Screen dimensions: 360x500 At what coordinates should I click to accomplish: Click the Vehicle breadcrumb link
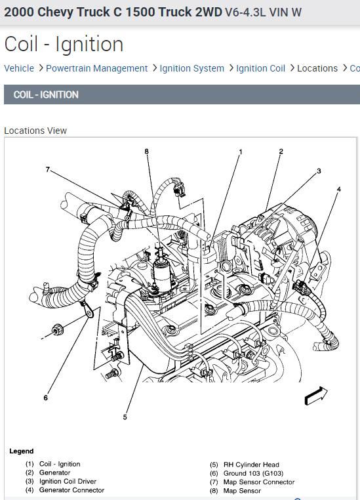point(19,68)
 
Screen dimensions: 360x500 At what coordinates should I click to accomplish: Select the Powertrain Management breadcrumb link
point(96,68)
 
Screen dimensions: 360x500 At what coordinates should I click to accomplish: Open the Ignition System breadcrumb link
point(191,68)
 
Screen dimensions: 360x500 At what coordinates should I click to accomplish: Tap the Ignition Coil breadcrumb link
point(260,68)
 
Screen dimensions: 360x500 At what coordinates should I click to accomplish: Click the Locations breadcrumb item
point(317,68)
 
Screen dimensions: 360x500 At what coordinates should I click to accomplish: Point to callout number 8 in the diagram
point(146,151)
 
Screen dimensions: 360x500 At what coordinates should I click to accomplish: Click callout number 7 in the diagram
point(48,169)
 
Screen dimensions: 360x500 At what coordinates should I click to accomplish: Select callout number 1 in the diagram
point(241,152)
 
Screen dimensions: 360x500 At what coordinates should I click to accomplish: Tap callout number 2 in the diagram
point(281,151)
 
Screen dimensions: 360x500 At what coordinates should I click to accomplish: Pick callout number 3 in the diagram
point(319,171)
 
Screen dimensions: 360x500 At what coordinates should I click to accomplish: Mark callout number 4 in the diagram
point(338,189)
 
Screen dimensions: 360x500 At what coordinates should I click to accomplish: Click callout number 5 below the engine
point(125,417)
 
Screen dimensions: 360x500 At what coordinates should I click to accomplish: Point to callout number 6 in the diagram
point(45,398)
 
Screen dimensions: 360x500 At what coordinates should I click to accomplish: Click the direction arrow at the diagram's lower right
point(316,396)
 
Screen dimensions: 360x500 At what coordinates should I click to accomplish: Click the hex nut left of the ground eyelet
point(57,329)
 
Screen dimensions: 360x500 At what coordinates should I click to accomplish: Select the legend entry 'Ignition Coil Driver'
point(68,481)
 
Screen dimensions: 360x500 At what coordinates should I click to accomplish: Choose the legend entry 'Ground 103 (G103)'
point(253,473)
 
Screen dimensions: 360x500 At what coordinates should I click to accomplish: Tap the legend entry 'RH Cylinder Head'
point(251,465)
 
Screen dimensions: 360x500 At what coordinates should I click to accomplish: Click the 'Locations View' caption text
point(35,131)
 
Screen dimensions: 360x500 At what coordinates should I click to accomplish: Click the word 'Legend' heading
point(22,451)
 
